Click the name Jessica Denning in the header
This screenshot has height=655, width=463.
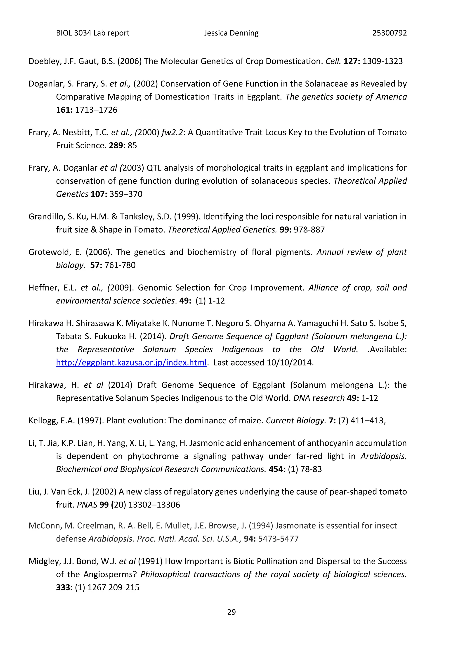(x=231, y=33)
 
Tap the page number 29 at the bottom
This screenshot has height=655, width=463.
(x=231, y=612)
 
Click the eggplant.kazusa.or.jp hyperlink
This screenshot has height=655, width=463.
(x=131, y=362)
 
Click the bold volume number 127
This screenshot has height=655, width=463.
(x=352, y=61)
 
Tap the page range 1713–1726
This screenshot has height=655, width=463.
(x=96, y=110)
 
